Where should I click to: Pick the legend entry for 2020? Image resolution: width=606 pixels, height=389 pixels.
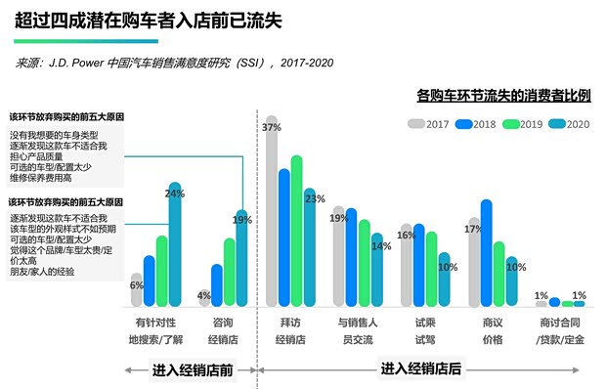click(570, 124)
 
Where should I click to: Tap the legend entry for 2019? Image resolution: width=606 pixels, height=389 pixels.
click(524, 124)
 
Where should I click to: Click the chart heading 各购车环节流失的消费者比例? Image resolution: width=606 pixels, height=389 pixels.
click(502, 96)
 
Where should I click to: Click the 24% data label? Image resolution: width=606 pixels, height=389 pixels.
click(175, 194)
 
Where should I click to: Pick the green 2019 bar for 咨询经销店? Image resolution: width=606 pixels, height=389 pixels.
click(230, 272)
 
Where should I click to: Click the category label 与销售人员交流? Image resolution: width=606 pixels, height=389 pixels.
click(357, 330)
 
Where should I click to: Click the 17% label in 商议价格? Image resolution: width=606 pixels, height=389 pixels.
click(473, 230)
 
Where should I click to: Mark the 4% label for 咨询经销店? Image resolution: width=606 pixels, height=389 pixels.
click(204, 294)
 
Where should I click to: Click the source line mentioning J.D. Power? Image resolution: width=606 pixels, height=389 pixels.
click(176, 63)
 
